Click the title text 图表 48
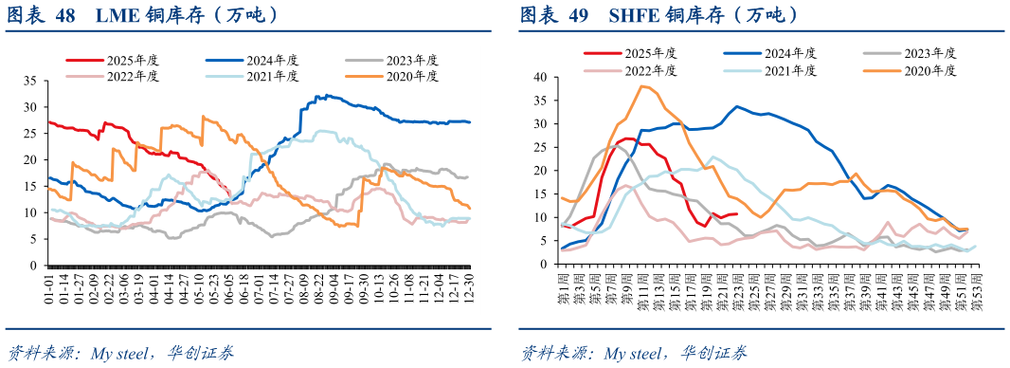coord(43,15)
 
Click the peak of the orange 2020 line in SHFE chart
coord(643,86)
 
